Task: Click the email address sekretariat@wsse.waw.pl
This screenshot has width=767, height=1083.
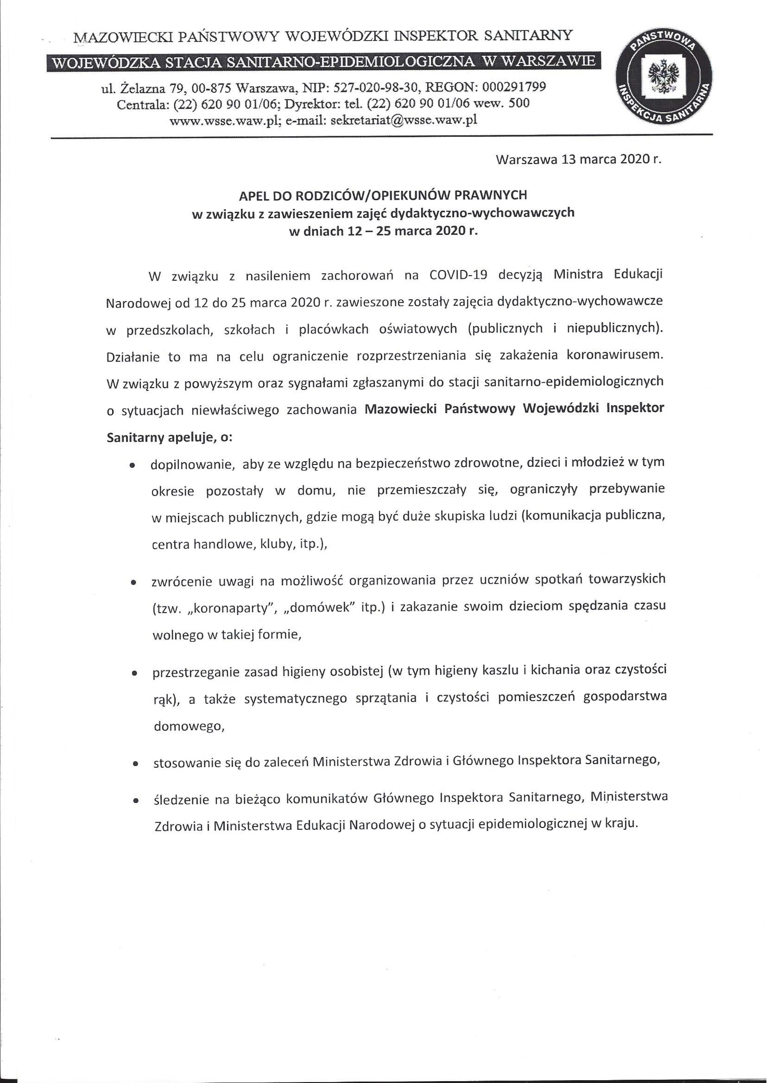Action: point(404,120)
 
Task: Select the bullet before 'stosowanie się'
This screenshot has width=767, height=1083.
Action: point(136,763)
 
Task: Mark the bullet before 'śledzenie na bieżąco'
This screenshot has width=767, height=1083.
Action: point(136,801)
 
